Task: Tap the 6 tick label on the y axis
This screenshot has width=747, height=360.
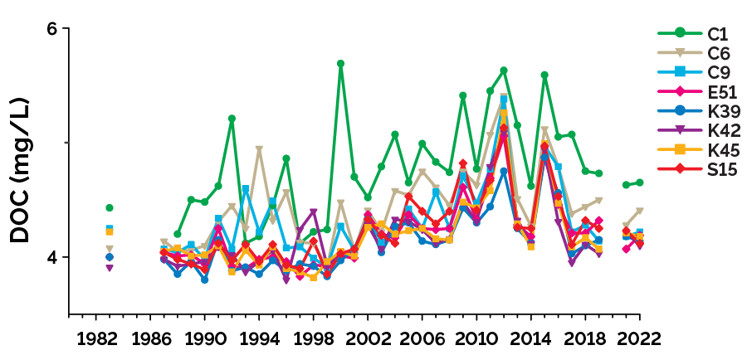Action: (x=52, y=28)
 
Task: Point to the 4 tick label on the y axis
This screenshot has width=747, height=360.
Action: (x=52, y=257)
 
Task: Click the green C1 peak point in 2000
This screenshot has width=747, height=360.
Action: (x=340, y=64)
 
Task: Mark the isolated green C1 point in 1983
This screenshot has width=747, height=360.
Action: (x=109, y=207)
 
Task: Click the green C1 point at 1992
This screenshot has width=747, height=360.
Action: (x=232, y=119)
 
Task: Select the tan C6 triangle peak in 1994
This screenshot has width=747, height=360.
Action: (x=259, y=150)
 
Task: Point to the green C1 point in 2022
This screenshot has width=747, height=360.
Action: (x=639, y=182)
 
